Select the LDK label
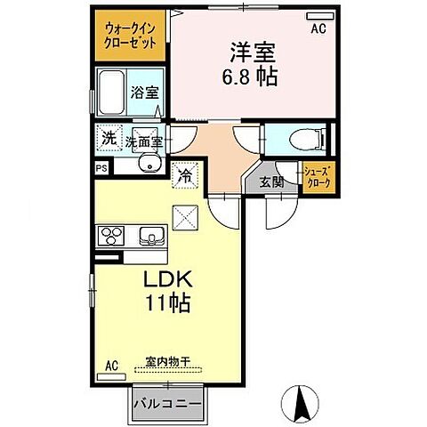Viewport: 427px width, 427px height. pyautogui.click(x=166, y=278)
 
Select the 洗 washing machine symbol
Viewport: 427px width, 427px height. pyautogui.click(x=108, y=138)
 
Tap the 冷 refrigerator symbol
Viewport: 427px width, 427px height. pyautogui.click(x=187, y=177)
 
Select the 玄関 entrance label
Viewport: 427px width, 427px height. pyautogui.click(x=272, y=182)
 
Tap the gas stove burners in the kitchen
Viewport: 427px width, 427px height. pyautogui.click(x=114, y=236)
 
